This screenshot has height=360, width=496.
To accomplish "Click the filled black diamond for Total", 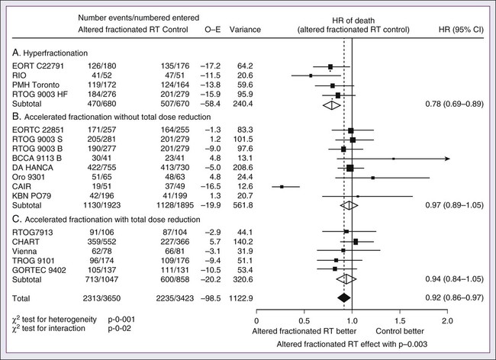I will click(344, 296).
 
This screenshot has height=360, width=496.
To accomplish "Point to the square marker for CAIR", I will click(282, 186).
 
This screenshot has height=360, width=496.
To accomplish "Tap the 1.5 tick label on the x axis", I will click(399, 321).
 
